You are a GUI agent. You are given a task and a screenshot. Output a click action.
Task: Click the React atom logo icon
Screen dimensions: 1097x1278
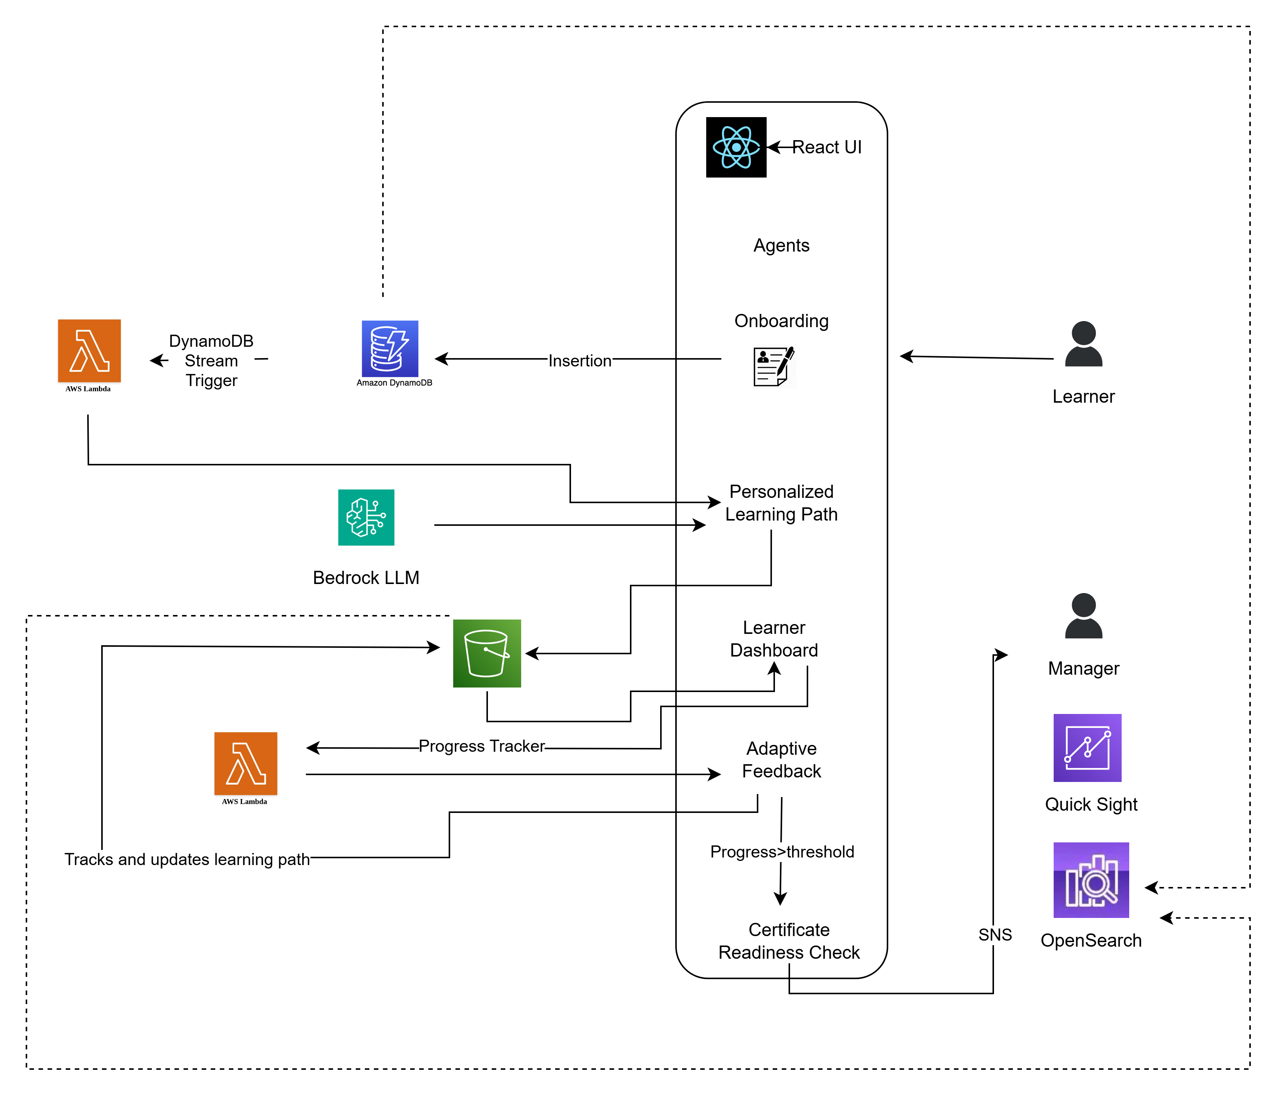pyautogui.click(x=736, y=147)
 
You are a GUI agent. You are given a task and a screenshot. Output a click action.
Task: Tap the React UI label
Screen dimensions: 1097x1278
pyautogui.click(x=826, y=147)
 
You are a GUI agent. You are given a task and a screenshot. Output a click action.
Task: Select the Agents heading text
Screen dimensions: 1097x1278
pyautogui.click(x=781, y=246)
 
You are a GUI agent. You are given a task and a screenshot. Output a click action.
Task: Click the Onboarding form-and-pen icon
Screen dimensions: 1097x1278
pyautogui.click(x=773, y=366)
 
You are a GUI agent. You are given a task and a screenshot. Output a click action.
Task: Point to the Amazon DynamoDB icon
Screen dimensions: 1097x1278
pyautogui.click(x=390, y=349)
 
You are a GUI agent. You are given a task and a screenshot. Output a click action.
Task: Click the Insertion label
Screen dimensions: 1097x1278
pyautogui.click(x=580, y=361)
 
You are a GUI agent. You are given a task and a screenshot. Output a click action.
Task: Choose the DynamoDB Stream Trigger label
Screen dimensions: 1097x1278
pyautogui.click(x=211, y=361)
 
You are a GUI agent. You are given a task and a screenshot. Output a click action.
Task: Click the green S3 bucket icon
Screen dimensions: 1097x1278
pyautogui.click(x=487, y=654)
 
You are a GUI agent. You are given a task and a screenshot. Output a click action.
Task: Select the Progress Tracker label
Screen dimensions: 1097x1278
pyautogui.click(x=482, y=746)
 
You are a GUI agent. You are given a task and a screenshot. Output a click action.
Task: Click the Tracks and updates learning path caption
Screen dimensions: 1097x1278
pyautogui.click(x=187, y=859)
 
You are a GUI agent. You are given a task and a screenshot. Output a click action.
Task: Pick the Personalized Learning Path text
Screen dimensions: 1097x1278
pyautogui.click(x=781, y=503)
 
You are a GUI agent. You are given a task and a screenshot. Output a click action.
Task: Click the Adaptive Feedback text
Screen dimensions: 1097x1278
pyautogui.click(x=781, y=760)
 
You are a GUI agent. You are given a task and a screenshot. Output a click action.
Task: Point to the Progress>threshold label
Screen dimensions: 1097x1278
pyautogui.click(x=781, y=852)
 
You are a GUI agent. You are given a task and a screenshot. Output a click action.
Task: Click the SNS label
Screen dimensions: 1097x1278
pyautogui.click(x=995, y=935)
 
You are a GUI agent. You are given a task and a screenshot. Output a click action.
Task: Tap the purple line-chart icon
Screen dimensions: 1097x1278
pyautogui.click(x=1087, y=748)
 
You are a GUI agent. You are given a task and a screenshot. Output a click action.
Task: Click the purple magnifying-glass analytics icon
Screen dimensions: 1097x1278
pyautogui.click(x=1091, y=880)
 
